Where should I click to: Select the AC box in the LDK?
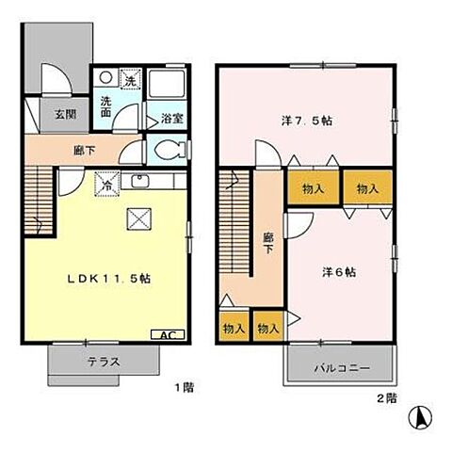point(166,335)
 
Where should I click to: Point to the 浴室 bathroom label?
point(171,119)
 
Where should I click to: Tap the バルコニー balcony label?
point(342,368)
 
